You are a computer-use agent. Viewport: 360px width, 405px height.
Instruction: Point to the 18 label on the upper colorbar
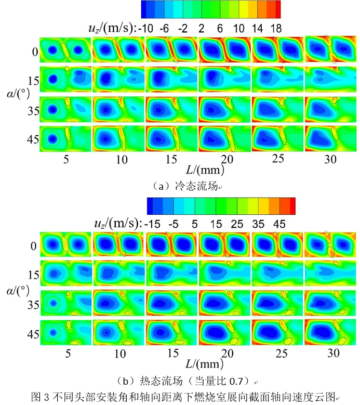(276, 29)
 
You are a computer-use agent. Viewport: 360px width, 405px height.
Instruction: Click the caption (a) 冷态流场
(181, 185)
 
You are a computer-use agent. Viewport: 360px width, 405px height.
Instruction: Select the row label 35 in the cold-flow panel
(33, 110)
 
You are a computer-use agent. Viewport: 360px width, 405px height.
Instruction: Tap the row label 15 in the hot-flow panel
(33, 272)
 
